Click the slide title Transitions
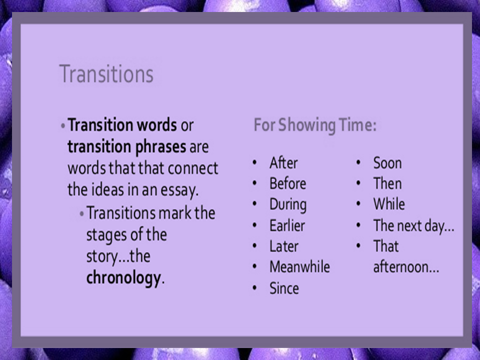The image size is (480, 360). coord(106,74)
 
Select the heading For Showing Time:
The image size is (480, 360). coord(314,125)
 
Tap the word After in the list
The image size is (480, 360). coord(283,163)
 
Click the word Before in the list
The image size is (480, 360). coord(287,183)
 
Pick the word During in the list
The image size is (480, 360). coord(288,204)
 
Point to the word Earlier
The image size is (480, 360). coord(287,225)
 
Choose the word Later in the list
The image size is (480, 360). coord(283,246)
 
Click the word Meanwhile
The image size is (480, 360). coord(299,267)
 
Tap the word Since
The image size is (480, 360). coord(284,288)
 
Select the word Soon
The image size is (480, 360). coord(387,163)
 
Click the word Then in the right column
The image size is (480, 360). coord(387,183)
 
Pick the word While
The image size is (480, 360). coord(389,204)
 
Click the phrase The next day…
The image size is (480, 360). coord(413,226)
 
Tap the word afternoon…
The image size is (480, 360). coord(406,267)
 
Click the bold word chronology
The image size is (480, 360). coord(123,278)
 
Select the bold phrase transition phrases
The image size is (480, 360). coord(126,147)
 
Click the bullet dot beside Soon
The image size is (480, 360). coord(359,163)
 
